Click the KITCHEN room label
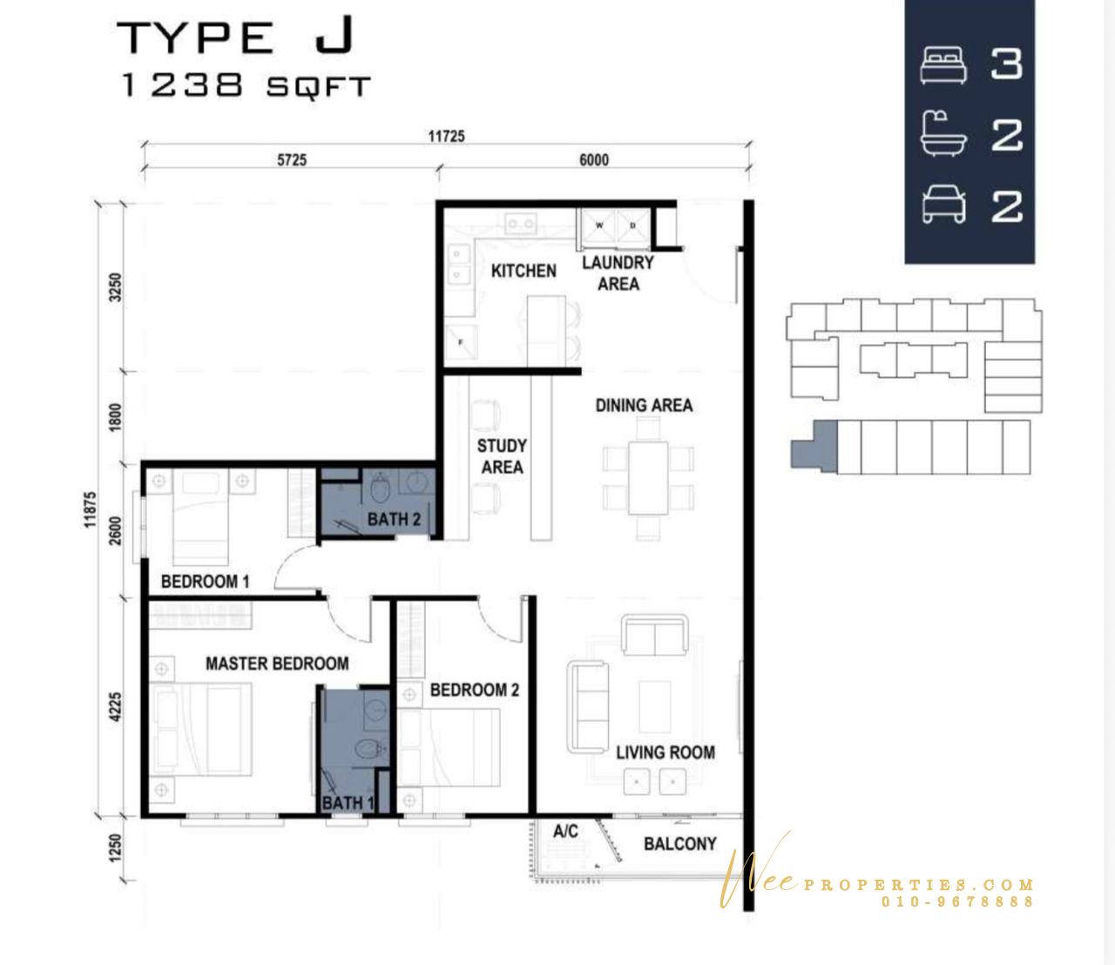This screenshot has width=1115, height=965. pyautogui.click(x=524, y=271)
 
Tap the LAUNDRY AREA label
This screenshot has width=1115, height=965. pyautogui.click(x=618, y=273)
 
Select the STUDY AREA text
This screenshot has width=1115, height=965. pyautogui.click(x=502, y=456)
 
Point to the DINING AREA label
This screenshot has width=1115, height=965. pyautogui.click(x=644, y=406)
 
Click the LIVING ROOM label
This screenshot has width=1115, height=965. pyautogui.click(x=666, y=752)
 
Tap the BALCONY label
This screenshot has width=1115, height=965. pyautogui.click(x=680, y=844)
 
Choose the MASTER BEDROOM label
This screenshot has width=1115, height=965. pyautogui.click(x=277, y=664)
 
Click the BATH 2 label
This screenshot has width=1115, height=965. pyautogui.click(x=394, y=519)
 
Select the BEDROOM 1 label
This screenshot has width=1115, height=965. pyautogui.click(x=206, y=582)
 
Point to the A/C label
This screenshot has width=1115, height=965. pyautogui.click(x=565, y=831)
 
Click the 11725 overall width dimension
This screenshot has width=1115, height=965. pyautogui.click(x=446, y=136)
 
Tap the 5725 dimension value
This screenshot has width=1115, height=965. pyautogui.click(x=292, y=160)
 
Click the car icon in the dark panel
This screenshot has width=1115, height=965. pyautogui.click(x=943, y=205)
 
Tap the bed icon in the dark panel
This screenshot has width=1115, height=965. pyautogui.click(x=943, y=65)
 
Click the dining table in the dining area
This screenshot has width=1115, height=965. pyautogui.click(x=648, y=478)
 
